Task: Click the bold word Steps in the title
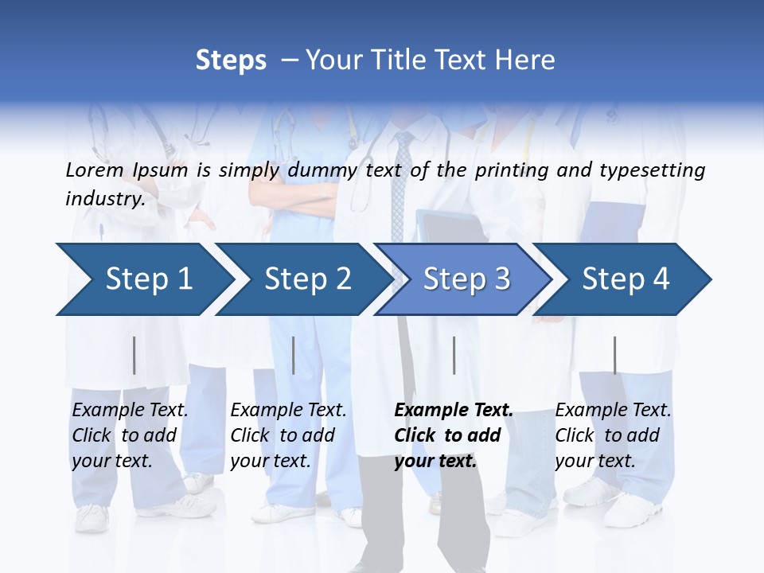(x=231, y=60)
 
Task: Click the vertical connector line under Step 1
(x=134, y=355)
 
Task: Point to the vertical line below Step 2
(x=294, y=355)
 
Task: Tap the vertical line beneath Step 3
(x=454, y=355)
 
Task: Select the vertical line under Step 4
(x=614, y=355)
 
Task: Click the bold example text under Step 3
(x=452, y=435)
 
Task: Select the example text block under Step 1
(x=129, y=435)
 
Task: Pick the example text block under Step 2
(x=287, y=435)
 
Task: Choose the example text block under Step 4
(x=612, y=435)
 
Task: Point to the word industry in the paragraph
(x=104, y=199)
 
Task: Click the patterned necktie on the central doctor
(x=403, y=183)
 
